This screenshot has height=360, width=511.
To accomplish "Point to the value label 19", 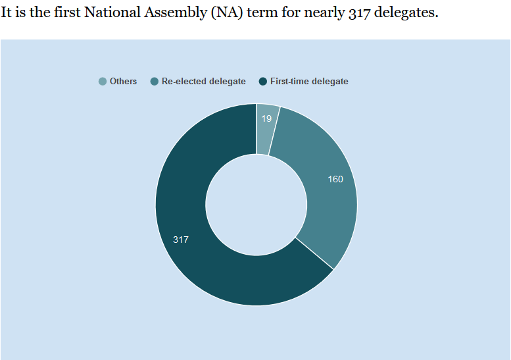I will click(x=266, y=118).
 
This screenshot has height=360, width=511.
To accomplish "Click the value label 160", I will click(x=335, y=179).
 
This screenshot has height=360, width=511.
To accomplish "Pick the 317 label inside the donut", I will click(x=181, y=240).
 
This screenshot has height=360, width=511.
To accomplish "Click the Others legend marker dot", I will click(x=103, y=82).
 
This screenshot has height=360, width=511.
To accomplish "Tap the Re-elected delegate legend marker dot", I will click(x=155, y=82).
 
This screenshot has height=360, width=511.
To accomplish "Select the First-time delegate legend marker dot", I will click(x=263, y=82).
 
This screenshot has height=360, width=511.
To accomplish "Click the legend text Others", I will click(x=124, y=82).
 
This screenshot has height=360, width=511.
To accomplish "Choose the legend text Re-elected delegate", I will click(x=204, y=82).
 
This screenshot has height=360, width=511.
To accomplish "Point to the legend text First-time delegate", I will click(x=309, y=82).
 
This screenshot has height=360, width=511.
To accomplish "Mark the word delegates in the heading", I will click(x=403, y=13).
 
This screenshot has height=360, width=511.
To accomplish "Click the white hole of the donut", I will click(x=256, y=205).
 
